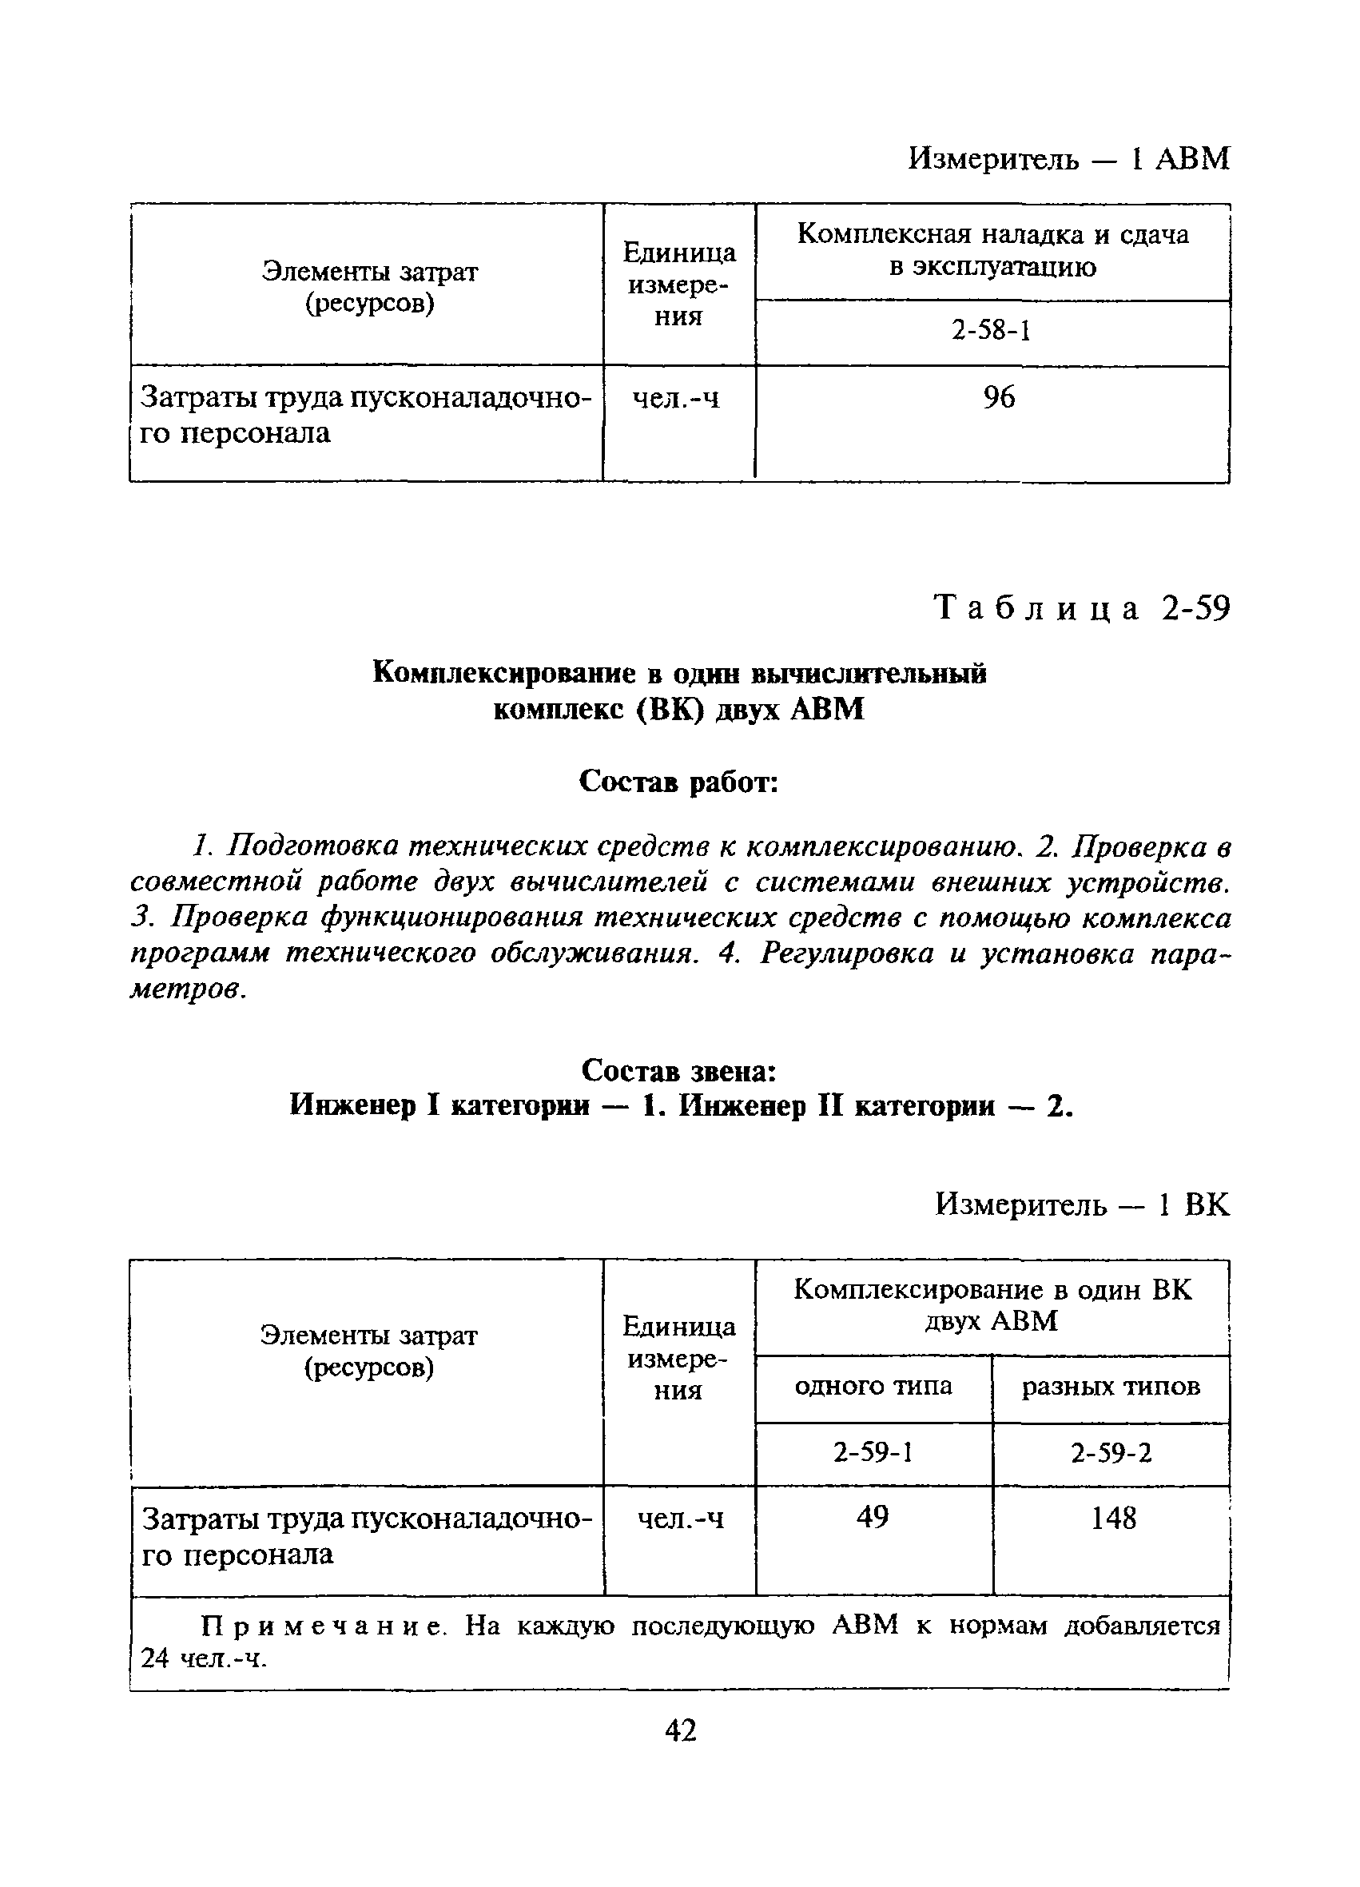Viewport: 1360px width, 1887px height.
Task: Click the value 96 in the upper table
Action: tap(998, 398)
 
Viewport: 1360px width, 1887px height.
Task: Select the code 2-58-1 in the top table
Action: tap(992, 331)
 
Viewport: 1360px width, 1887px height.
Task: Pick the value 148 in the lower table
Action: tap(1113, 1518)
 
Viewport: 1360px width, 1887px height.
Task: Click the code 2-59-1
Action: tap(873, 1453)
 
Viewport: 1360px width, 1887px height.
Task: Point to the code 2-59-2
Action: tap(1111, 1454)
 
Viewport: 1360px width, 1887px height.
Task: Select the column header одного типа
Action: tap(873, 1386)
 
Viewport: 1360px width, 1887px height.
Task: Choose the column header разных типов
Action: tap(1111, 1387)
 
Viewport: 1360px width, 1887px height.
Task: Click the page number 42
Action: tap(681, 1730)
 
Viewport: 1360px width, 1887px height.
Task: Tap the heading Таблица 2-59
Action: tap(1081, 609)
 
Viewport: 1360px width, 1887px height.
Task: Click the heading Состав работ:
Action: tap(678, 782)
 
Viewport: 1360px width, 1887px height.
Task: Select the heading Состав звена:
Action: tap(678, 1071)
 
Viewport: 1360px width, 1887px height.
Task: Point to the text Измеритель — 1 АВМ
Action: tap(1068, 158)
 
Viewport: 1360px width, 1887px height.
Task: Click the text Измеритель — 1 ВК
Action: tap(1081, 1204)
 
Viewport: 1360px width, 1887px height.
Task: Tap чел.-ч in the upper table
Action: tap(676, 400)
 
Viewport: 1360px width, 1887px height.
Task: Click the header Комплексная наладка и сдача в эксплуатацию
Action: tap(992, 250)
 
